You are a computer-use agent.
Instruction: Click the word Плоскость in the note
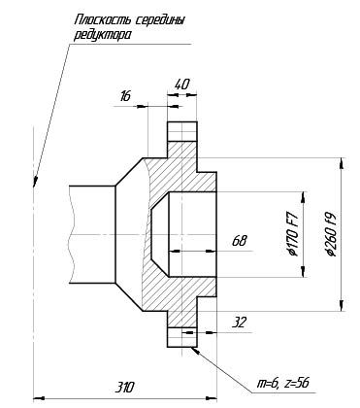(103, 20)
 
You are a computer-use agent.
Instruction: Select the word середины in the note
(160, 21)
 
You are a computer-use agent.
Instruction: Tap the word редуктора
(103, 35)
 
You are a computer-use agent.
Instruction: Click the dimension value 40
(181, 85)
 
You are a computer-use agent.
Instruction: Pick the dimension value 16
(125, 96)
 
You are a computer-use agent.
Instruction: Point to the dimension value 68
(240, 241)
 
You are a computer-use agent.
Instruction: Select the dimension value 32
(240, 323)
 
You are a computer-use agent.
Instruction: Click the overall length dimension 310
(124, 388)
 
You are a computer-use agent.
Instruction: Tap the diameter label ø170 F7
(294, 233)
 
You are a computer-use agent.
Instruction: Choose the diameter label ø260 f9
(332, 234)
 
